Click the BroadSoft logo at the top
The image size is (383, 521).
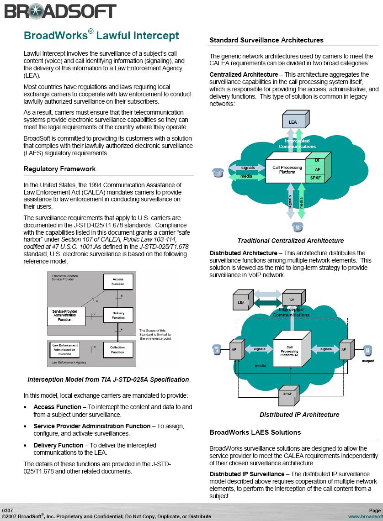(60, 11)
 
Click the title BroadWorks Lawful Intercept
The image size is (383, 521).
(101, 35)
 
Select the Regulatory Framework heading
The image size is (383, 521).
(59, 169)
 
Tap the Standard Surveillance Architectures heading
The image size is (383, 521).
(266, 40)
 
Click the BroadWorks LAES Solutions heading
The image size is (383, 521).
(255, 432)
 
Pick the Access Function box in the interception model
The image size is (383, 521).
(118, 281)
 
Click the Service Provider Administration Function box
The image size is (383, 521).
(66, 316)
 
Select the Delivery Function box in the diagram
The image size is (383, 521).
(118, 316)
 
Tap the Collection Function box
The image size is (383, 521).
(118, 350)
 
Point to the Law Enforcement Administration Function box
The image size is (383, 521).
(65, 350)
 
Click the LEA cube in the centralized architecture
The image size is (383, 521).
(296, 119)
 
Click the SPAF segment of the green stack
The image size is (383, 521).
(315, 178)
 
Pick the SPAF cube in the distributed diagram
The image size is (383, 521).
(288, 395)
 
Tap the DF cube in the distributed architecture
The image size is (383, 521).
(293, 298)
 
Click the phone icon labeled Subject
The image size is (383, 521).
(367, 350)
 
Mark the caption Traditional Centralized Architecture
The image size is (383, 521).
(291, 241)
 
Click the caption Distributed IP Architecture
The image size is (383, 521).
(299, 415)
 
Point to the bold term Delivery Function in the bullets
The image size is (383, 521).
(59, 445)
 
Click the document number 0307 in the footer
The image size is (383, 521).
(7, 510)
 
